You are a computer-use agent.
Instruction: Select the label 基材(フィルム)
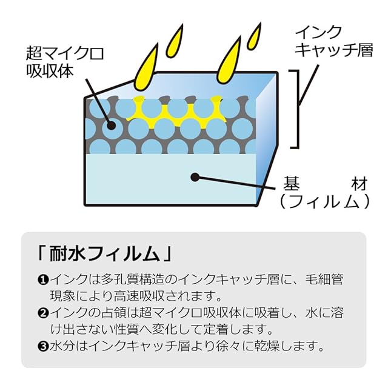pyautogui.click(x=324, y=192)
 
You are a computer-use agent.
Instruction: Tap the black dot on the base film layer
pyautogui.click(x=195, y=177)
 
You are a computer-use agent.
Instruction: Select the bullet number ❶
pyautogui.click(x=42, y=280)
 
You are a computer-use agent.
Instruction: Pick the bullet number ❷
pyautogui.click(x=42, y=314)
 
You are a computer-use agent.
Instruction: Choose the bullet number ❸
pyautogui.click(x=42, y=347)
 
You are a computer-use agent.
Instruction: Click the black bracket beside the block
pyautogui.click(x=295, y=109)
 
